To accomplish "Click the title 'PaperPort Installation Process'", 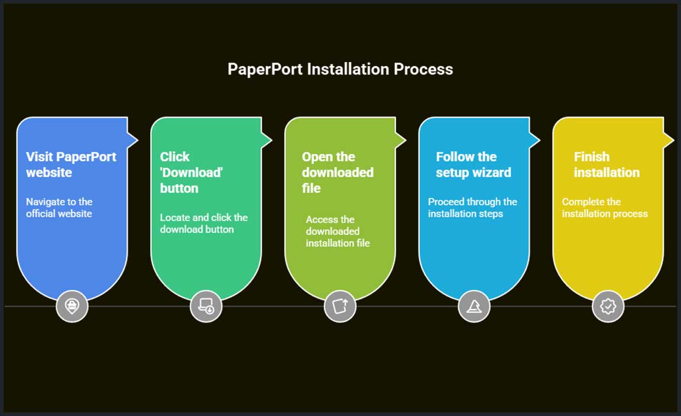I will coord(340,69).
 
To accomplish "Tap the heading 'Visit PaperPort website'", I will coord(71,165).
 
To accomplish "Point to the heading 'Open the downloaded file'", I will coord(337,173).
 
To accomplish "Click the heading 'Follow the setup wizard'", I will coord(473,165).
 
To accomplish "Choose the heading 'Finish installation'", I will coord(607,165).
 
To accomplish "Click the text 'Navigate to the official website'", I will coord(59,207).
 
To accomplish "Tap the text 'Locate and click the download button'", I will coord(203,223).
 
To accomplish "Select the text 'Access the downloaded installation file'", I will coord(338,231).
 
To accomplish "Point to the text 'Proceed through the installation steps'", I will coord(472,207).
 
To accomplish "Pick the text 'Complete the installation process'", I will coord(605,207).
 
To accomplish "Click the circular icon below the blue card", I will coord(72,306).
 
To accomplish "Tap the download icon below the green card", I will coord(206,306).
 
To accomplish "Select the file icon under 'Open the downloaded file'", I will coord(340,306).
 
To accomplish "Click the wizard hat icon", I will coord(474,306).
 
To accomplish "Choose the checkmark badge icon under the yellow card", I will coord(608,306).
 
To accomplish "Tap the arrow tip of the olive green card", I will coord(403,140).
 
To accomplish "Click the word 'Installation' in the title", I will coord(348,69).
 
